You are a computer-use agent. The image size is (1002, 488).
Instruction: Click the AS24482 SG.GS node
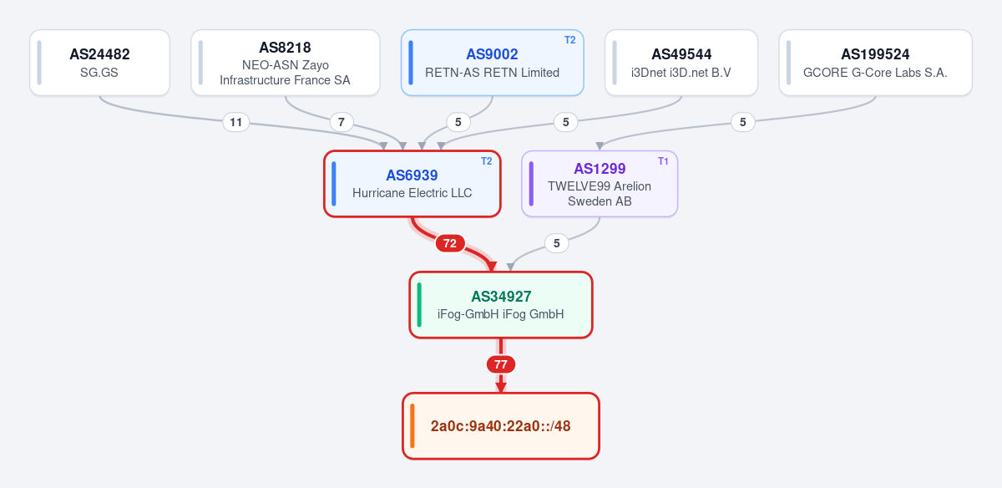tap(99, 63)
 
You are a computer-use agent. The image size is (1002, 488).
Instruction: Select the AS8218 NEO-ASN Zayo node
tap(286, 63)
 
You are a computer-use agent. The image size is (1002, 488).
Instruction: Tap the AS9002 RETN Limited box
tap(492, 63)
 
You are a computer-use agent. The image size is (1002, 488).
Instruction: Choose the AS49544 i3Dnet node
tap(681, 63)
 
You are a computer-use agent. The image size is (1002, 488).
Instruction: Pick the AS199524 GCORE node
tap(875, 63)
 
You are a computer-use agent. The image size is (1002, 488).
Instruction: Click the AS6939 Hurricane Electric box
tap(412, 184)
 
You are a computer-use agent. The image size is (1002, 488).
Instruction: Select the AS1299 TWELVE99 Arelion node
tap(600, 184)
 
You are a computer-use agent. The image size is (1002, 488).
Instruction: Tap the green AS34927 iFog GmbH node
tap(501, 305)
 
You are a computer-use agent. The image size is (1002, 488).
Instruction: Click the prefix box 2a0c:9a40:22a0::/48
tap(501, 426)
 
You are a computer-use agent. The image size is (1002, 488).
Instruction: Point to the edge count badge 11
tap(235, 122)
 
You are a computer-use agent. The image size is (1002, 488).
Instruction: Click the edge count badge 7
tap(342, 122)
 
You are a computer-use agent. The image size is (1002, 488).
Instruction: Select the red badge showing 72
tap(450, 243)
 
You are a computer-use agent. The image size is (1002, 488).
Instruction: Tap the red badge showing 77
tap(501, 364)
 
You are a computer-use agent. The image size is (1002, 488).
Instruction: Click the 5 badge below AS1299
tap(556, 243)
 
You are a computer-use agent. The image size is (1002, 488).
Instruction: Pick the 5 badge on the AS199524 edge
tap(742, 122)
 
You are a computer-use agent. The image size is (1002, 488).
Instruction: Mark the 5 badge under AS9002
tap(458, 122)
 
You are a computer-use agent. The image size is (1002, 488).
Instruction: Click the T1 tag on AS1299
tap(663, 161)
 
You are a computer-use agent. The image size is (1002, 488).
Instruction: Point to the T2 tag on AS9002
tap(569, 40)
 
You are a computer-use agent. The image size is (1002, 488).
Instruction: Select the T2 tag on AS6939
tap(486, 161)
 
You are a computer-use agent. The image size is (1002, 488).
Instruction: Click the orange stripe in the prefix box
tap(412, 426)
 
